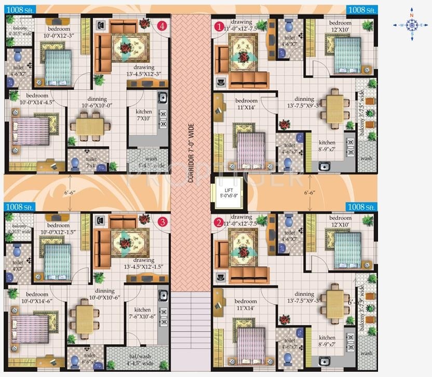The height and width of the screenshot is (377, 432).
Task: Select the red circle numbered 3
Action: (163, 222)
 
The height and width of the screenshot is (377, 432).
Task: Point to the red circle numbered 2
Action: (219, 223)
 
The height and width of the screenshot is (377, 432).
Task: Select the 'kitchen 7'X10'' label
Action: (144, 115)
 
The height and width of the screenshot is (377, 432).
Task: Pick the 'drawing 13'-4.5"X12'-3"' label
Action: (144, 71)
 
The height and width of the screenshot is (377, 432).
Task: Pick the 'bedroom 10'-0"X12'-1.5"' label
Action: (58, 229)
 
